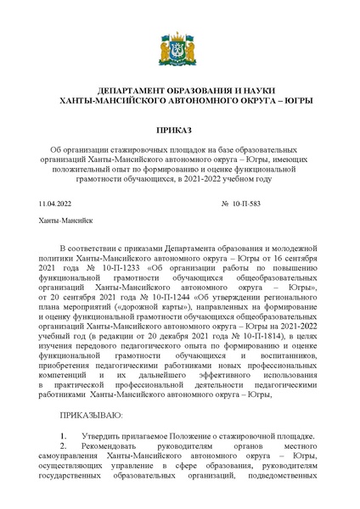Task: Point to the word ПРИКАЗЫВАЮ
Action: [91, 415]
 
